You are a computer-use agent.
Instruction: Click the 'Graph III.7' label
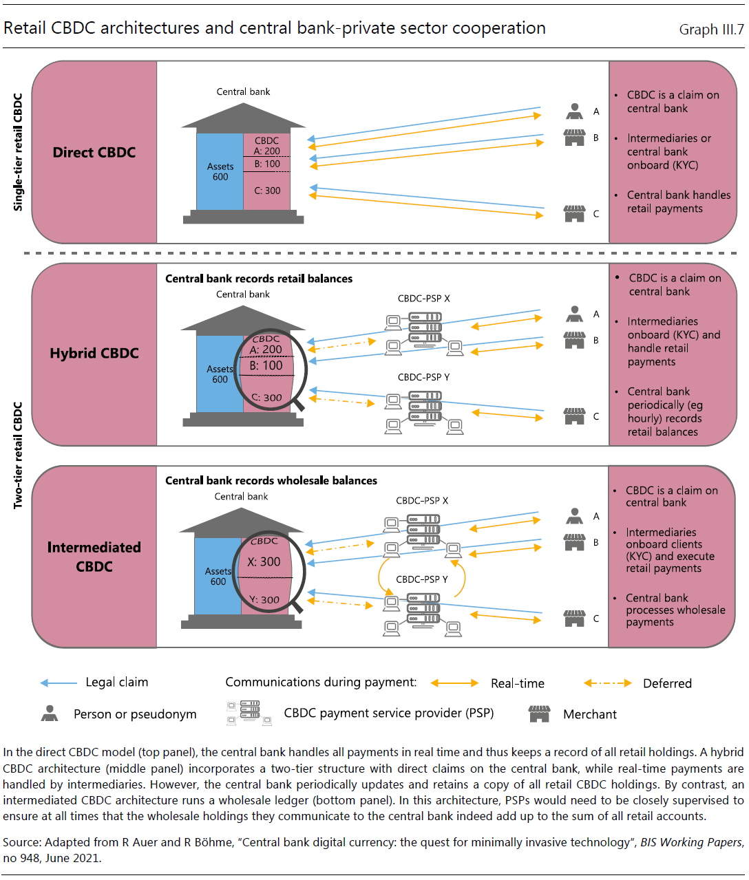(x=711, y=30)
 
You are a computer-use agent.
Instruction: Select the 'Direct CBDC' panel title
(x=94, y=153)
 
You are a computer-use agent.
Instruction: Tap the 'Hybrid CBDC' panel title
(x=94, y=354)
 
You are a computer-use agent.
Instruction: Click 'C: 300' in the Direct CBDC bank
(x=267, y=191)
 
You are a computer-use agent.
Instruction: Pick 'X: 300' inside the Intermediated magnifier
(x=264, y=562)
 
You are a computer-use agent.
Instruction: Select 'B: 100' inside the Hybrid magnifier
(x=266, y=365)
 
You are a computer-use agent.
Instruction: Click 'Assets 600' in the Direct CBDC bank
(x=220, y=171)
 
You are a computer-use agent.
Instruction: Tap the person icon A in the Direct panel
(x=574, y=111)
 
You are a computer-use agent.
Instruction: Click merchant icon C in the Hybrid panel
(x=574, y=416)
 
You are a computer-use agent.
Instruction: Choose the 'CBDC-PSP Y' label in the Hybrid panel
(x=423, y=377)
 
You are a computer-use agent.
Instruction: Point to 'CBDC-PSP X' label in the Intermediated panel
(x=422, y=501)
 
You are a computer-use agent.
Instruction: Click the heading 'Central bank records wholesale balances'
(x=271, y=481)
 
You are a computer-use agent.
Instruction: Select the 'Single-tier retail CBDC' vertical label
(x=17, y=153)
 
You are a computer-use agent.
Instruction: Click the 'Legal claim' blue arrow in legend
(x=59, y=683)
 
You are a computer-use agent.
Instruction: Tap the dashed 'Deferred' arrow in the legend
(x=608, y=683)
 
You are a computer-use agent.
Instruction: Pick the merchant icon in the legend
(x=539, y=714)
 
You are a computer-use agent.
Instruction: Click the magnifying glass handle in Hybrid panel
(x=299, y=405)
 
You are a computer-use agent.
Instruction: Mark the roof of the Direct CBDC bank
(x=243, y=116)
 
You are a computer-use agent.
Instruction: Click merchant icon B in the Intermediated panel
(x=574, y=542)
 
